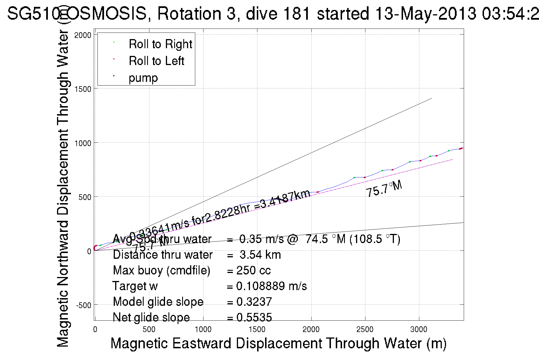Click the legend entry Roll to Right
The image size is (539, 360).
point(160,44)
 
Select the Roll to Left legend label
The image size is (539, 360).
point(156,61)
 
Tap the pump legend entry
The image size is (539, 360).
point(143,78)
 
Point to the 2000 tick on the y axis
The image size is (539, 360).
point(83,35)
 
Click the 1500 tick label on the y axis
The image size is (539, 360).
point(83,89)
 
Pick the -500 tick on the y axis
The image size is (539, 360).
point(84,305)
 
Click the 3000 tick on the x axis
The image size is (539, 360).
point(419,329)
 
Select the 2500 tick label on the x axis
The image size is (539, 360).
point(365,329)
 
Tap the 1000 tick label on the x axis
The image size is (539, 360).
point(203,329)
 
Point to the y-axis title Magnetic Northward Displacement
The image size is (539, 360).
point(63,188)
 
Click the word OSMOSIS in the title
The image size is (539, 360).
point(107,13)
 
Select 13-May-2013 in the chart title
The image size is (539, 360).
point(426,13)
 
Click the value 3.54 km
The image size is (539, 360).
point(260,255)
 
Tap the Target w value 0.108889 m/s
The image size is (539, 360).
point(271,286)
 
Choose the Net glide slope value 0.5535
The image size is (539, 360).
point(254,317)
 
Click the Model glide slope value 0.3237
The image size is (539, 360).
point(254,302)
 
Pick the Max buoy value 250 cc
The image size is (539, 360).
point(253,270)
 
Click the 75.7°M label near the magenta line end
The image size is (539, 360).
point(384,189)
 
